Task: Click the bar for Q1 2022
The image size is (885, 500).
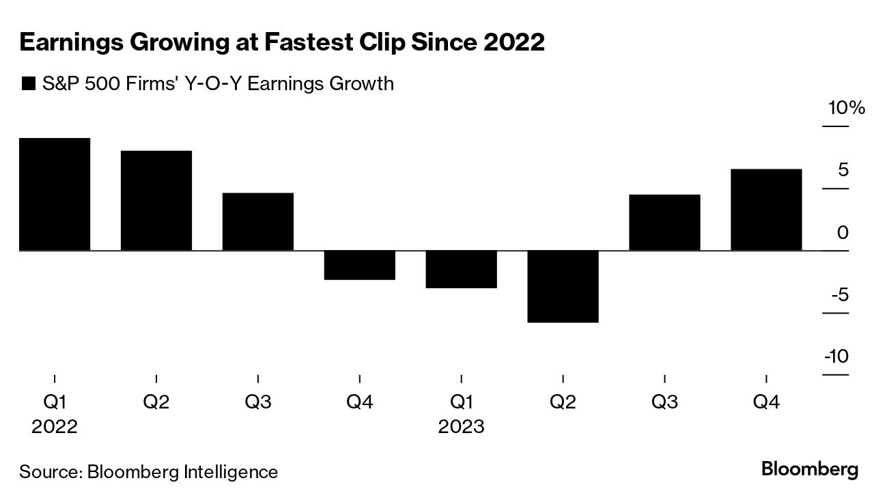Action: (55, 195)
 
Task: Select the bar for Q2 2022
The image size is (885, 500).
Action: (156, 201)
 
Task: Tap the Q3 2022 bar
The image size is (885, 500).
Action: (257, 222)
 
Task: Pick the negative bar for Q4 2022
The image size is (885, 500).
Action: (359, 266)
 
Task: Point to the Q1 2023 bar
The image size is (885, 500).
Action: (461, 270)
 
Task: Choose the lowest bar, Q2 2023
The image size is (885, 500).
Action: (563, 287)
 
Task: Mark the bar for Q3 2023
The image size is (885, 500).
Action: (664, 223)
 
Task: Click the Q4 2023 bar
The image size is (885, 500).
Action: (766, 210)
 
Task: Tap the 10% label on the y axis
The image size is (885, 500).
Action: (846, 108)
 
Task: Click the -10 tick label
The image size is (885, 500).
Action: (837, 357)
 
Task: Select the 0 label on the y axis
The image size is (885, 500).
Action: (843, 233)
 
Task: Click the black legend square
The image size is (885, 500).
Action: (29, 85)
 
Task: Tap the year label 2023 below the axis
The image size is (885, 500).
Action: (461, 427)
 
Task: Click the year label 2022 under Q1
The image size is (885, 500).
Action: (55, 427)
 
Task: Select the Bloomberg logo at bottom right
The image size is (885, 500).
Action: (809, 470)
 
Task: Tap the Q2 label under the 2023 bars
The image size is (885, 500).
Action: (563, 402)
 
